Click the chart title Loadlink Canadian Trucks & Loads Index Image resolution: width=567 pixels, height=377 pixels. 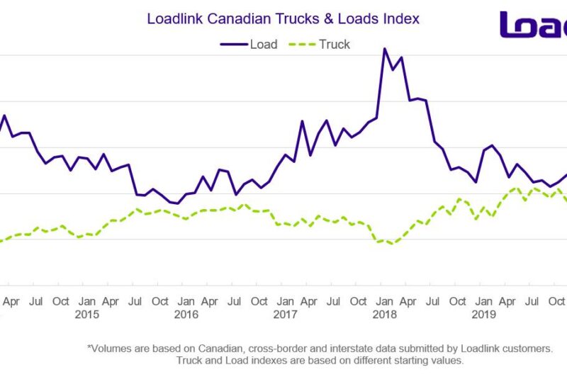click(283, 18)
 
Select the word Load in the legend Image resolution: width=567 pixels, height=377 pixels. click(263, 44)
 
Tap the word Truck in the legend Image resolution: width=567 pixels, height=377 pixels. click(335, 44)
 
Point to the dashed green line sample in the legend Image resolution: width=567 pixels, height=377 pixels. click(301, 44)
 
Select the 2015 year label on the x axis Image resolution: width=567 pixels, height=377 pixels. click(86, 314)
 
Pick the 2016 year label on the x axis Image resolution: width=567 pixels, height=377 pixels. click(186, 314)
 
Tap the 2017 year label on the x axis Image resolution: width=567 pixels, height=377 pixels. click(285, 314)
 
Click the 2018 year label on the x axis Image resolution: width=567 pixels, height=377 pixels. click(384, 314)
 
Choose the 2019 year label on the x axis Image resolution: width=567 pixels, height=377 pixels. click(483, 314)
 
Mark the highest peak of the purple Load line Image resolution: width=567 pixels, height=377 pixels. click(384, 49)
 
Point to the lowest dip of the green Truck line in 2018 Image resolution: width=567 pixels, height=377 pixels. click(391, 244)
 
